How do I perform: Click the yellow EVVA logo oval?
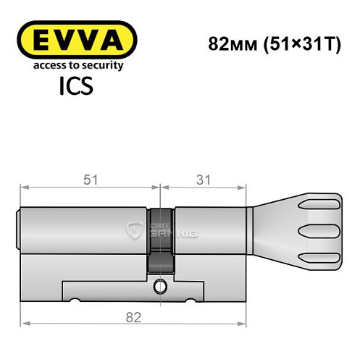point(76,39)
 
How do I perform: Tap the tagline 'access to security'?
point(76,65)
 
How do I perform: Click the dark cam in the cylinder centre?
point(161,239)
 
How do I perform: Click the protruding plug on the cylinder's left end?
point(19,230)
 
